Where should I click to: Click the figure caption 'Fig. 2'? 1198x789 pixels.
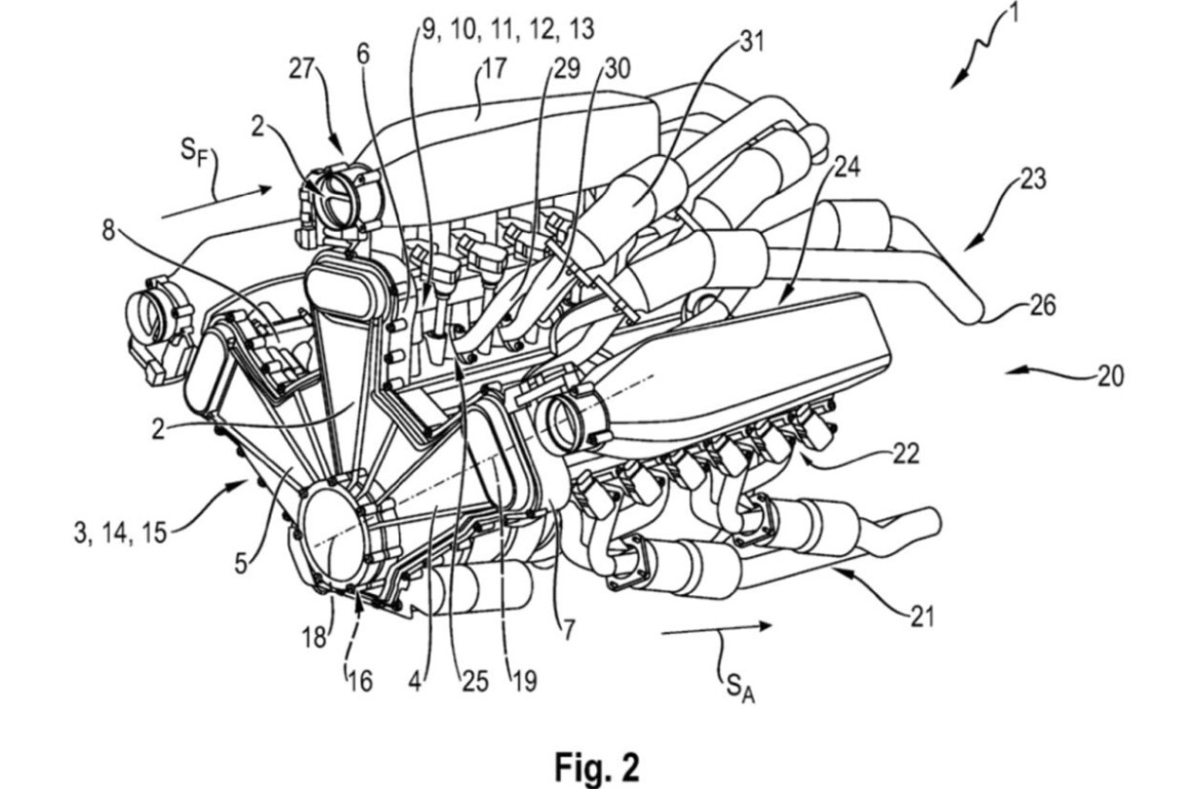(x=597, y=767)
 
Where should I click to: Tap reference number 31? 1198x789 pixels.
(x=751, y=42)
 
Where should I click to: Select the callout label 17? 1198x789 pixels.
(x=493, y=69)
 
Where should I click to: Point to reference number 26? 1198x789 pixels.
(x=1042, y=306)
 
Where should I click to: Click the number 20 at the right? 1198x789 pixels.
(x=1109, y=376)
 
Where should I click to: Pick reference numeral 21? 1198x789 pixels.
(x=922, y=617)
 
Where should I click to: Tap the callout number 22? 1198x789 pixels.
(x=905, y=454)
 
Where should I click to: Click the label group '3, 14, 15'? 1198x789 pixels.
(x=121, y=534)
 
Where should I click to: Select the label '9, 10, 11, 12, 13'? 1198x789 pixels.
(x=508, y=29)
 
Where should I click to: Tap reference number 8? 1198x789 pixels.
(x=108, y=232)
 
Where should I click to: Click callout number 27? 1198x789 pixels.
(x=302, y=69)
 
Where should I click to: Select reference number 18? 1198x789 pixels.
(x=314, y=637)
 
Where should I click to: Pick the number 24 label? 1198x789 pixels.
(x=847, y=168)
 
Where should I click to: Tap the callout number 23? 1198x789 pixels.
(x=1032, y=179)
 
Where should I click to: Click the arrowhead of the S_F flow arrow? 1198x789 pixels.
(x=266, y=188)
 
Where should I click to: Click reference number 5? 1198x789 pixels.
(x=242, y=563)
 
